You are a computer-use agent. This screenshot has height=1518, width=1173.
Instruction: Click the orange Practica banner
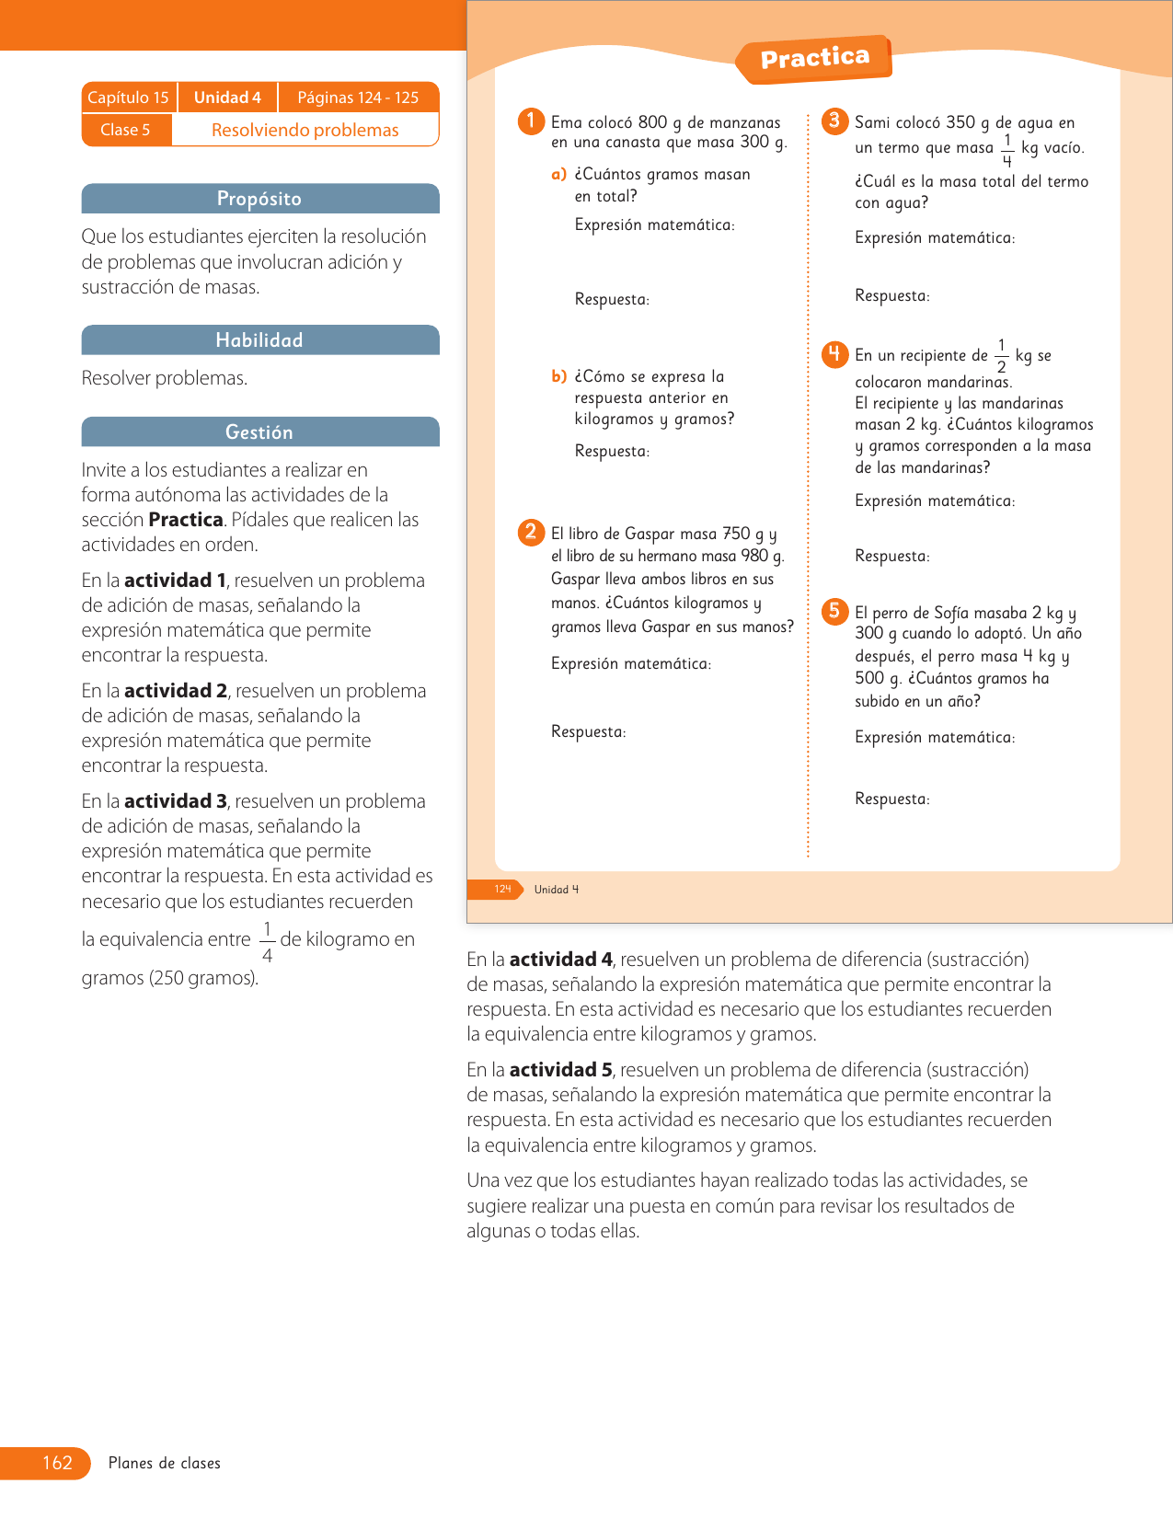814,59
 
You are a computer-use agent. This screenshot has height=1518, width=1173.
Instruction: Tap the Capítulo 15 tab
129,98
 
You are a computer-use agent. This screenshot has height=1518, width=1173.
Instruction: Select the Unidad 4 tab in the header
227,98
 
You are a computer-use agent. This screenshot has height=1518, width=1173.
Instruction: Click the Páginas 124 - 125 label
358,98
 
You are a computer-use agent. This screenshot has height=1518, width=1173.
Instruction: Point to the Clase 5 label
125,130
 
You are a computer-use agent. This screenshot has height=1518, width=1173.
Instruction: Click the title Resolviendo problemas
305,130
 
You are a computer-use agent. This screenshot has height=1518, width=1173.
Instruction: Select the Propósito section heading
259,199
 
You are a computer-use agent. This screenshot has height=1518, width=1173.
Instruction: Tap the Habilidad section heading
259,340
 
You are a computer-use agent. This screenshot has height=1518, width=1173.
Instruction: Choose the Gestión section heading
259,432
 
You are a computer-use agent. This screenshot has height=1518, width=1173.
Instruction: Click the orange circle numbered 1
531,121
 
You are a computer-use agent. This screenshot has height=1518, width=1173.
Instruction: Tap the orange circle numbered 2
531,532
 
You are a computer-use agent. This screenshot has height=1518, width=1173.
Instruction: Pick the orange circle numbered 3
834,121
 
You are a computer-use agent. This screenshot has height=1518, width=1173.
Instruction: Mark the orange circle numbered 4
834,354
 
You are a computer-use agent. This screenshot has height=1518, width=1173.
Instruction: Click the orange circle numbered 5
834,611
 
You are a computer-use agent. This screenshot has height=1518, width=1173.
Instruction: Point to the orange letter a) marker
558,174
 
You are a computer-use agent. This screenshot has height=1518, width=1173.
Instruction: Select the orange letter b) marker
558,376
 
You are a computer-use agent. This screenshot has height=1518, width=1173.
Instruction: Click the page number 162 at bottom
57,1463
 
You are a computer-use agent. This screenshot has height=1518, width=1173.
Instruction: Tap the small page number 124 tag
502,890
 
